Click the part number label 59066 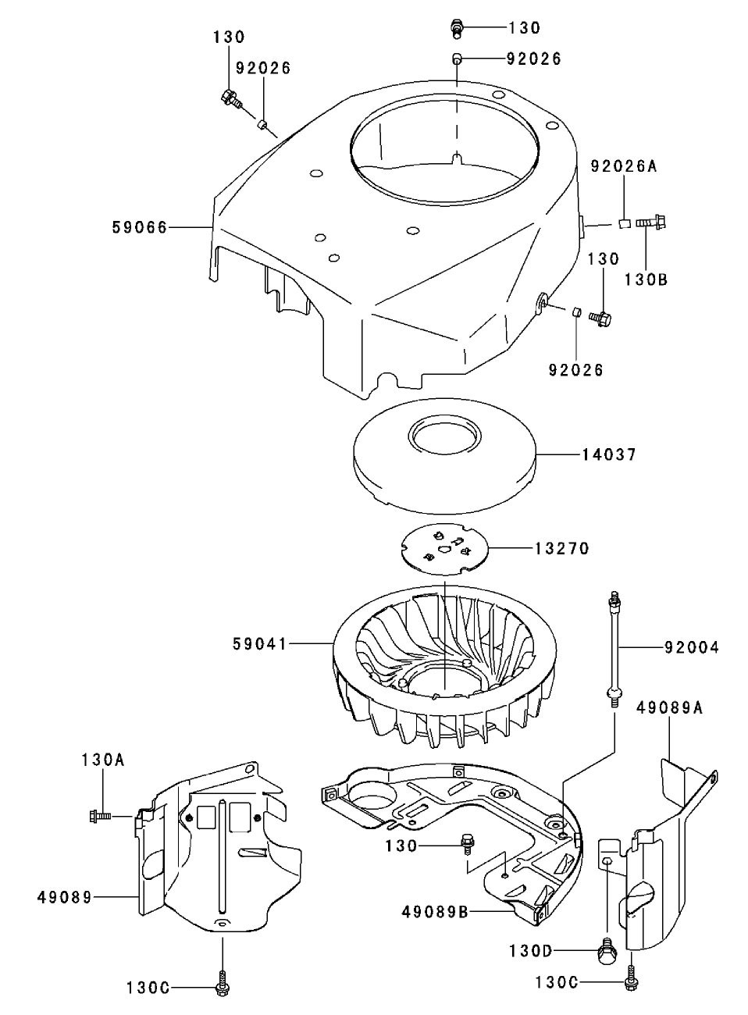point(140,227)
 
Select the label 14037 point(609,454)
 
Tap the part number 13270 point(562,549)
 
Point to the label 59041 point(259,644)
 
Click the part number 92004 point(692,647)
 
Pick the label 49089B point(436,911)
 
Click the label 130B point(646,279)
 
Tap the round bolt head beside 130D point(607,951)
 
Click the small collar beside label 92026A point(624,224)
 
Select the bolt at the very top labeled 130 point(456,29)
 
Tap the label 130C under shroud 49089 point(148,988)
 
